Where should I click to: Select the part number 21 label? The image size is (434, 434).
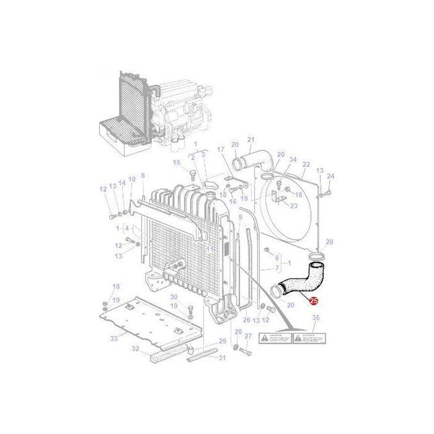(x=250, y=139)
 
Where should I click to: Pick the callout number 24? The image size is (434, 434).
(x=330, y=176)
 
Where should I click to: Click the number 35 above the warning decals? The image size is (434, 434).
(x=316, y=317)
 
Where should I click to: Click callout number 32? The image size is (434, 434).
(x=135, y=349)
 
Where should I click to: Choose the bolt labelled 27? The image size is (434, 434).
(x=244, y=352)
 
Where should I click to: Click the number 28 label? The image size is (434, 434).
(x=238, y=332)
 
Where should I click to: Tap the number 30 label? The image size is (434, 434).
(x=173, y=297)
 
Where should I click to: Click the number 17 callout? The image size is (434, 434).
(x=220, y=149)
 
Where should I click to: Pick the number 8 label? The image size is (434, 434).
(x=143, y=176)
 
